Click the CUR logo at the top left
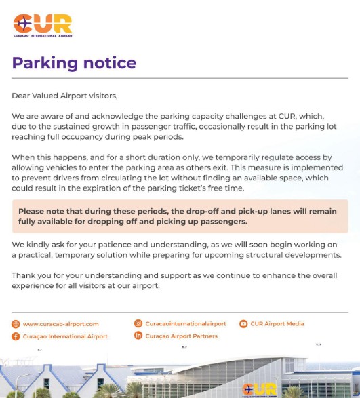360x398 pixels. [x=42, y=25]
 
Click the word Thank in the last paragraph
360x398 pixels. [x=24, y=275]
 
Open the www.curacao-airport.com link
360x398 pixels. [x=60, y=324]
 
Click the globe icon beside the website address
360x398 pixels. [x=16, y=324]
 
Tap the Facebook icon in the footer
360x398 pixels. [x=16, y=336]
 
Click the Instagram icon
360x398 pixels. [x=138, y=324]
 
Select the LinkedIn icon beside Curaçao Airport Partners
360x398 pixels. [x=138, y=336]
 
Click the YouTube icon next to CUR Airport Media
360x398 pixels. [x=243, y=324]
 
